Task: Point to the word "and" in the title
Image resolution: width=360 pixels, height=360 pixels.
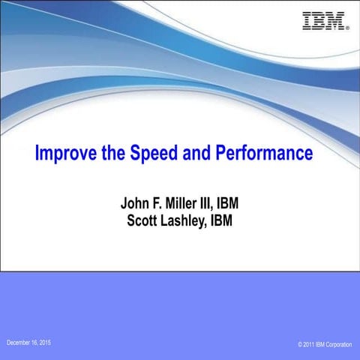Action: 199,154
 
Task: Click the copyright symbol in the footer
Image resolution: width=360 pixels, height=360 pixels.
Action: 299,344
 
